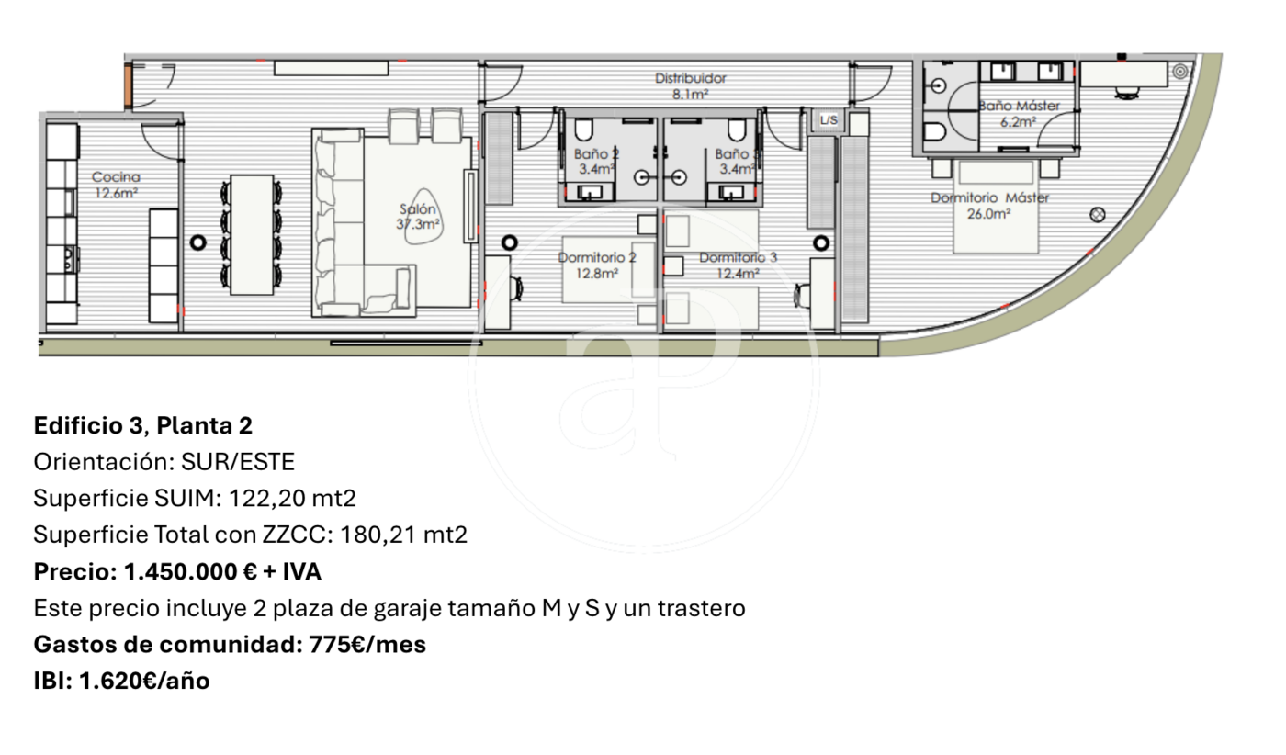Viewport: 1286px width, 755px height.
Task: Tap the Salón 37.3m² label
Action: point(418,217)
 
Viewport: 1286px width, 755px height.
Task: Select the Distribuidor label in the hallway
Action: point(691,78)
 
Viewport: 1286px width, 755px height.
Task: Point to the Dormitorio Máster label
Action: point(990,197)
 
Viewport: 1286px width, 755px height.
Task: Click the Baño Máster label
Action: point(1019,107)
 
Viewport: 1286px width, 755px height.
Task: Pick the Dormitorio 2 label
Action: point(597,257)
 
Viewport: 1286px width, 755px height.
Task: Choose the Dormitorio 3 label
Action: point(739,257)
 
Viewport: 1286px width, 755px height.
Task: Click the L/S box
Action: point(829,120)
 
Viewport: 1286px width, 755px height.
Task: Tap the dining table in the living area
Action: point(252,235)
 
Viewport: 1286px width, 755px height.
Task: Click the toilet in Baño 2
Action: point(582,130)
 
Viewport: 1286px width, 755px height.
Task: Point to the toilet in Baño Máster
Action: point(935,132)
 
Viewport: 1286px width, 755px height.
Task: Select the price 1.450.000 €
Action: point(190,572)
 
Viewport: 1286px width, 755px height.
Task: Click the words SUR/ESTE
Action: point(238,462)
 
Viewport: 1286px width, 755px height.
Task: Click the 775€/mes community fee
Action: point(367,645)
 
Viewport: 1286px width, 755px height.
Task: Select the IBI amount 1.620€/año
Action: point(144,682)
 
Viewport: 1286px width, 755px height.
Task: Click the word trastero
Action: point(702,608)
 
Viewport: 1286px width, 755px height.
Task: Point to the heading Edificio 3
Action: point(88,425)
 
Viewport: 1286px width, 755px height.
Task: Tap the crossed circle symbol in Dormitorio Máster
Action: point(1097,215)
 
